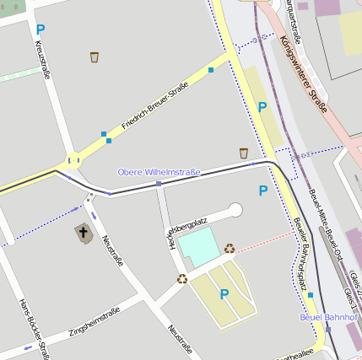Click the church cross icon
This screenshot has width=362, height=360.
(x=84, y=233)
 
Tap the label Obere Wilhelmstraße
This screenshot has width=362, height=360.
(x=159, y=172)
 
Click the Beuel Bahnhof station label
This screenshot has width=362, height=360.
(x=329, y=317)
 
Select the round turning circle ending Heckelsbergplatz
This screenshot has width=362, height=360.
(x=235, y=210)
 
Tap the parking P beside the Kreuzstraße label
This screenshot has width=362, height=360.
(x=41, y=30)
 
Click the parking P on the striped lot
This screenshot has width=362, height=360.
(x=224, y=293)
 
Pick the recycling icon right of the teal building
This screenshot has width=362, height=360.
(x=230, y=248)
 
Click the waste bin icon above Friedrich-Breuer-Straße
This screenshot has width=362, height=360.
(x=95, y=57)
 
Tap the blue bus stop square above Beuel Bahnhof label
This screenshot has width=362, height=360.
(x=311, y=295)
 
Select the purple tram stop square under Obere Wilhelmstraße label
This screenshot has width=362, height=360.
(x=158, y=183)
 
